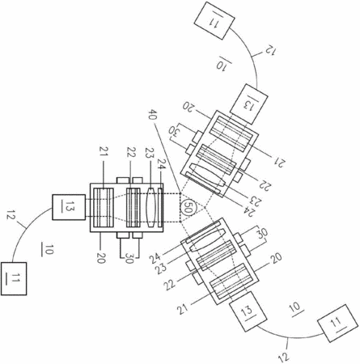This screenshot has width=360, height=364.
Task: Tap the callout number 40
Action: pyautogui.click(x=153, y=116)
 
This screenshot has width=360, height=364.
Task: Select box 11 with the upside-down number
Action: pyautogui.click(x=214, y=21)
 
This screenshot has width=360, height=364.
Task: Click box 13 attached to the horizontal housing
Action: pyautogui.click(x=69, y=207)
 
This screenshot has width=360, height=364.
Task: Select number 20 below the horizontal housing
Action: pyautogui.click(x=100, y=256)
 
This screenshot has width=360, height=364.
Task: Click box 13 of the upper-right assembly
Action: pyautogui.click(x=249, y=104)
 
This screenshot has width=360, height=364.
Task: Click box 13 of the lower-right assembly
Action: pyautogui.click(x=248, y=311)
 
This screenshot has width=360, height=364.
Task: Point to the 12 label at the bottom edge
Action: pyautogui.click(x=284, y=354)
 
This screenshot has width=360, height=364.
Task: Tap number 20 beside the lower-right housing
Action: pyautogui.click(x=275, y=259)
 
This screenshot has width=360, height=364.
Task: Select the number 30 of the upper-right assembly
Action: pyautogui.click(x=176, y=131)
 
